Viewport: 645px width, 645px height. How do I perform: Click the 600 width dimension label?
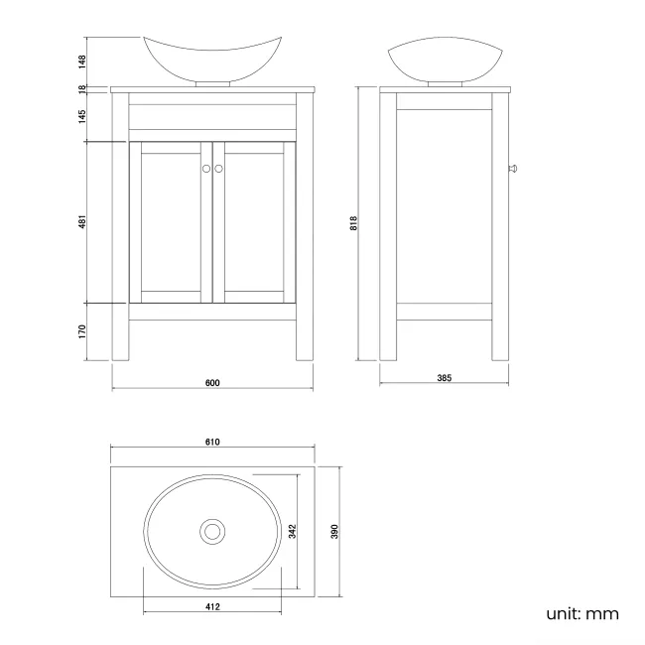(212, 383)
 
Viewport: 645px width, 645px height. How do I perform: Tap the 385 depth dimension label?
(444, 379)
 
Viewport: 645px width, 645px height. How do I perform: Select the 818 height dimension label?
(353, 224)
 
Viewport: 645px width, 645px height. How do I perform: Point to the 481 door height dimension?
(84, 224)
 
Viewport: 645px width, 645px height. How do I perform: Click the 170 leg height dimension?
(84, 330)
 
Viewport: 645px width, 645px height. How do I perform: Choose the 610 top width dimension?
(212, 443)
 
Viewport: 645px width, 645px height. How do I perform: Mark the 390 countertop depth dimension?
(335, 531)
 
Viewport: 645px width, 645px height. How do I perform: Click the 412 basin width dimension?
(212, 606)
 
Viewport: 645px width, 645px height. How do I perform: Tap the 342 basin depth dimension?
(292, 531)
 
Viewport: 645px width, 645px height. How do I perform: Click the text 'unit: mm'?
(582, 613)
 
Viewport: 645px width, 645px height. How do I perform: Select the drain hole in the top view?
(211, 531)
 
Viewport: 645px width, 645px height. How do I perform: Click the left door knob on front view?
(206, 169)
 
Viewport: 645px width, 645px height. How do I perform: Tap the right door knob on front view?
(219, 169)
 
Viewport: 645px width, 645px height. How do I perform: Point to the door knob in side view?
(512, 170)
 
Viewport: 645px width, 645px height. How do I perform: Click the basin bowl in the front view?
(211, 58)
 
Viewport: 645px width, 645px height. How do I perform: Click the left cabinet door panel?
(171, 222)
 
